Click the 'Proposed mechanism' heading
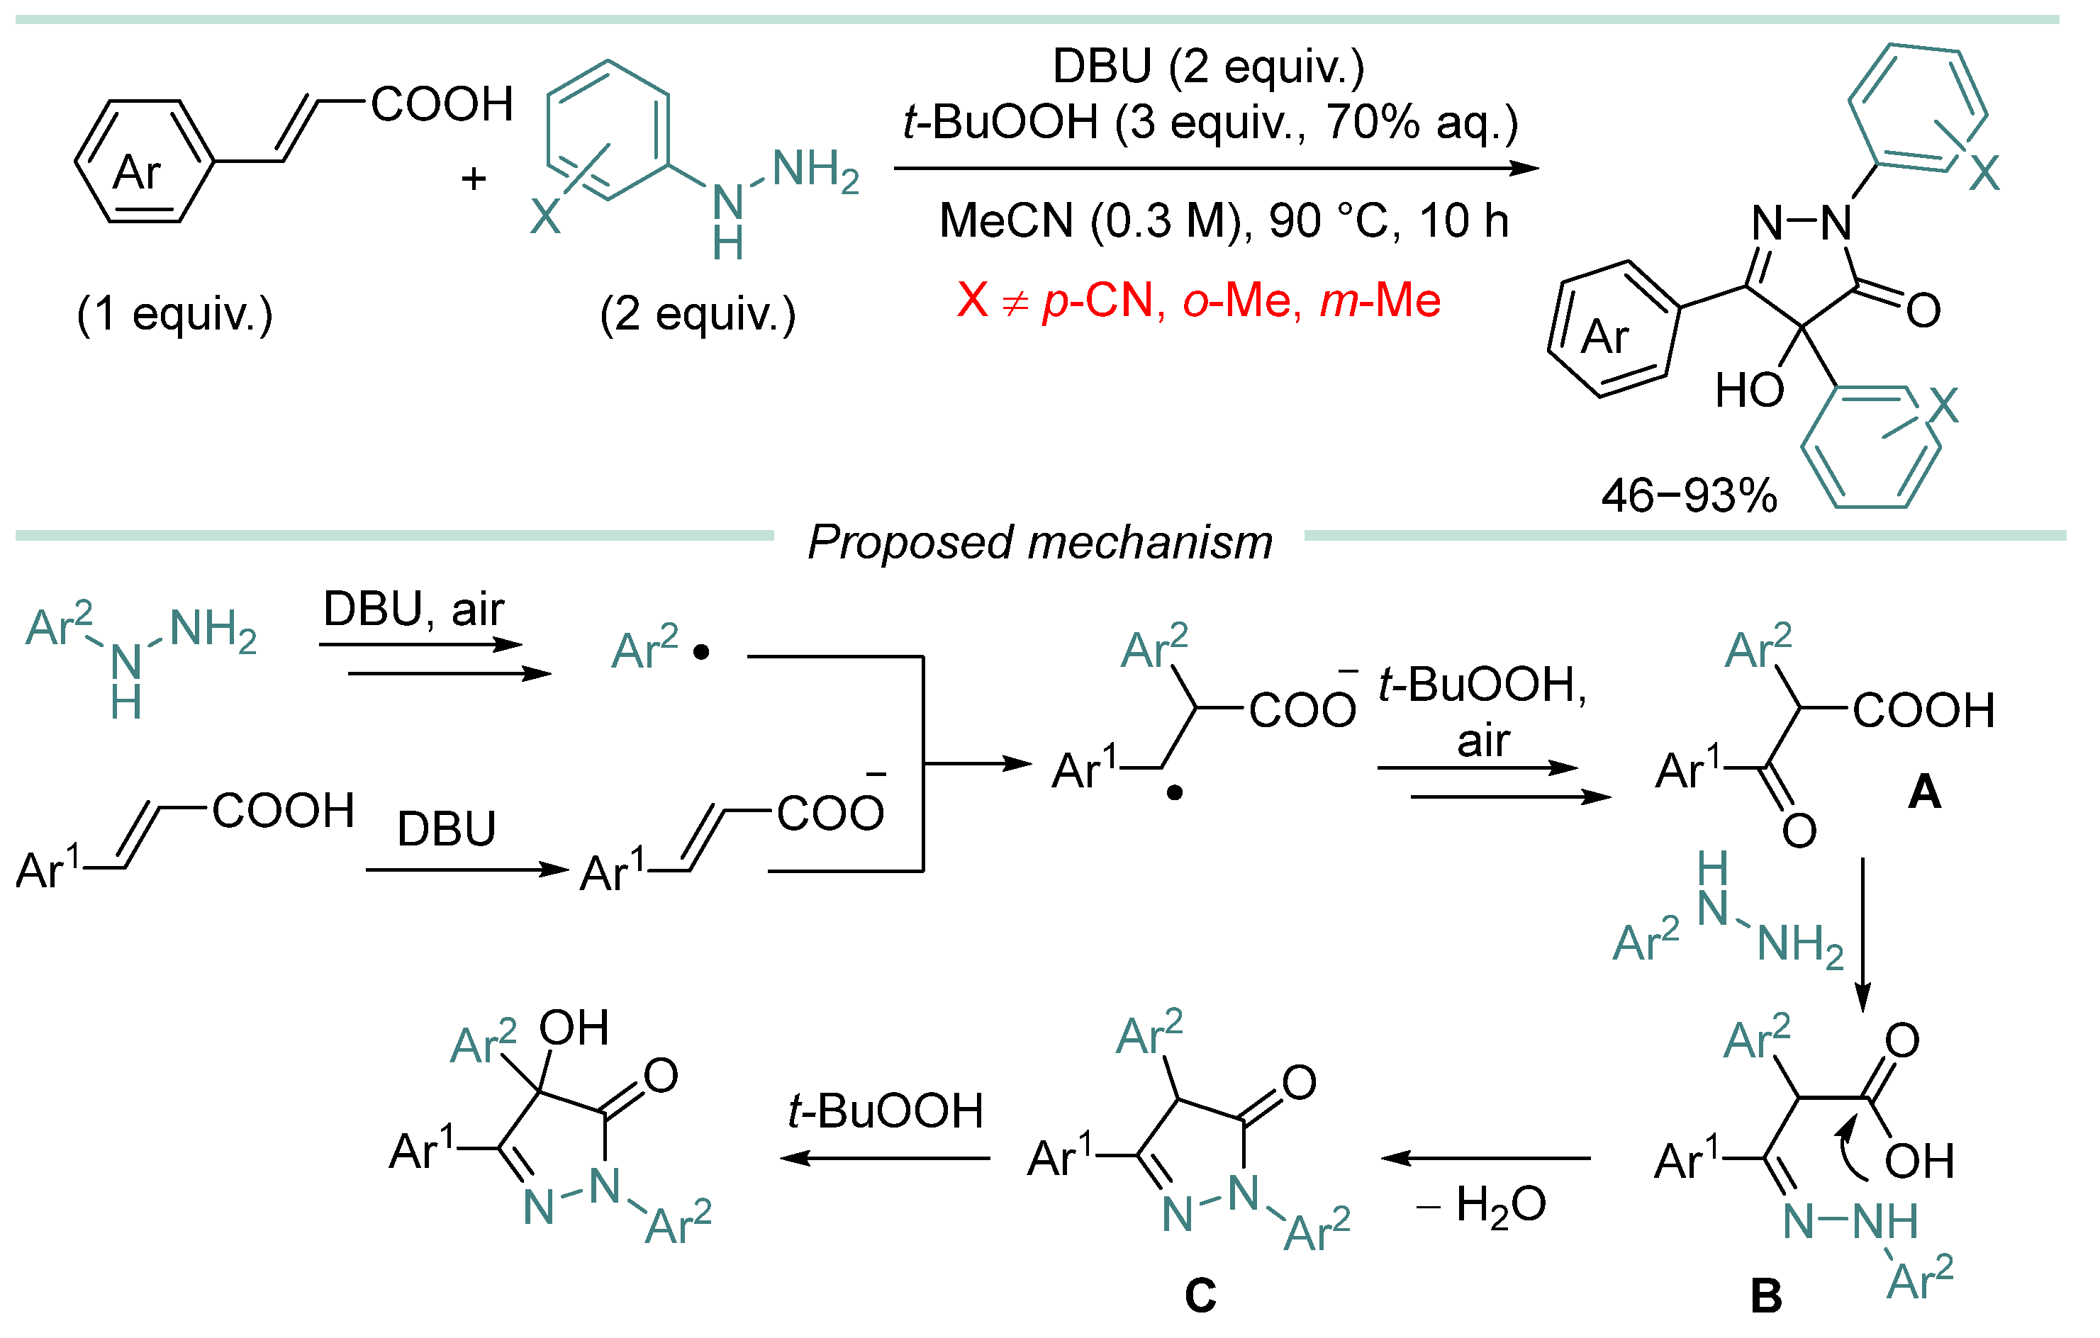[1039, 542]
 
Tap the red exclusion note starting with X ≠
[1198, 300]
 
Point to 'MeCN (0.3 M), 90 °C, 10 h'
[1224, 220]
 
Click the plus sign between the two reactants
[474, 179]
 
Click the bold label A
[1925, 792]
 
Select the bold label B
[1766, 1296]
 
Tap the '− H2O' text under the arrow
[1481, 1205]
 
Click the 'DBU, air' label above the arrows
[413, 609]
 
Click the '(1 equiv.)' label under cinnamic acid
[174, 314]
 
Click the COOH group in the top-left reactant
[442, 105]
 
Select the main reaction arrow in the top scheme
[1216, 168]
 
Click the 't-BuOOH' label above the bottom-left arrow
[886, 1111]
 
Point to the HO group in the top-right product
[1748, 390]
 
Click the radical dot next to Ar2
[701, 652]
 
